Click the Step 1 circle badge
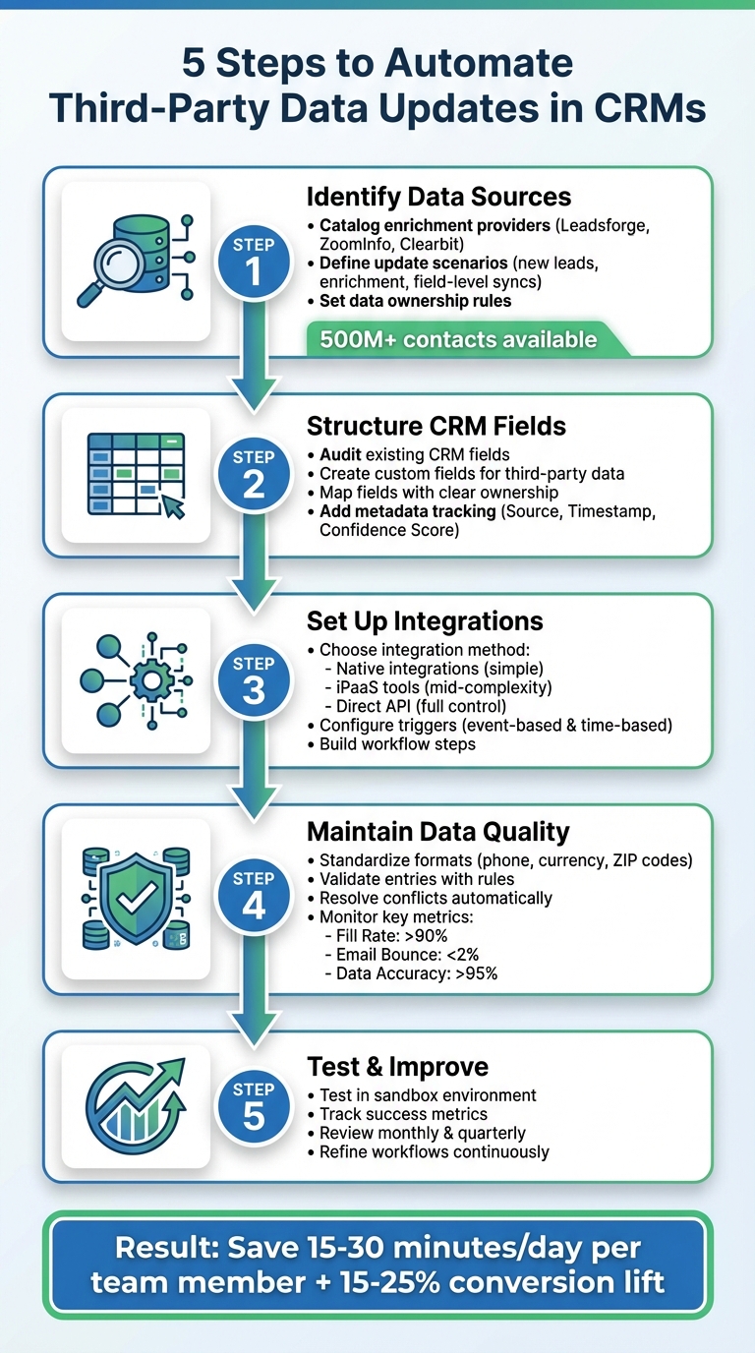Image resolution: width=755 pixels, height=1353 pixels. point(254,261)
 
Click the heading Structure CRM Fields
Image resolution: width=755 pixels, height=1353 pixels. point(436,426)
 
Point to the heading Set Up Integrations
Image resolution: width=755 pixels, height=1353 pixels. point(425,621)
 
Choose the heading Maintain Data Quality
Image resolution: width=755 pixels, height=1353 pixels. point(438,832)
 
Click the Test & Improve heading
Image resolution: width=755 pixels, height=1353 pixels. point(397,1066)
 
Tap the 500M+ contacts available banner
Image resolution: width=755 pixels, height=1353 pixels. point(459,339)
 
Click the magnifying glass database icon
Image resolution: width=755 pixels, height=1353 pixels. point(136,262)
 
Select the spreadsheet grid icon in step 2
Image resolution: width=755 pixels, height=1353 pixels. point(136,474)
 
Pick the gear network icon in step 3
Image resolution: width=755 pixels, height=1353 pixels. point(136,679)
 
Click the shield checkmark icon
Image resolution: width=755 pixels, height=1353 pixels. point(136,897)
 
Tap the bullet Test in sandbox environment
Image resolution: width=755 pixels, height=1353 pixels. point(428,1095)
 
